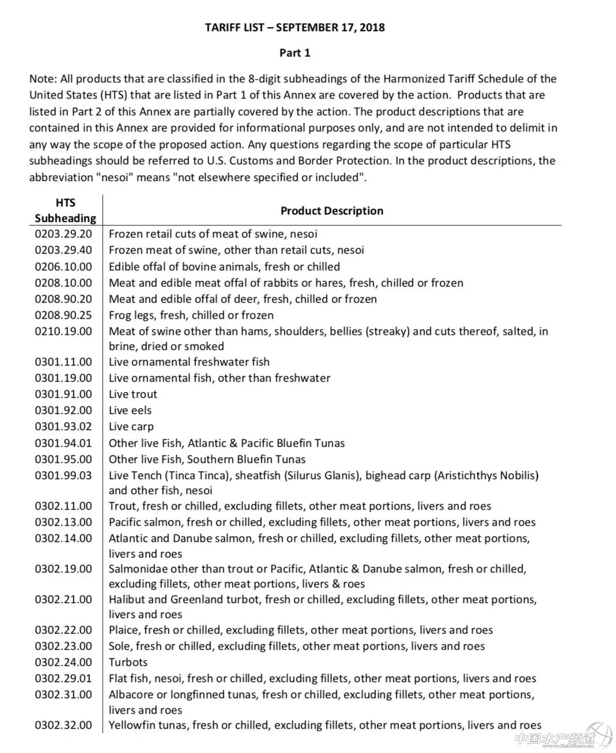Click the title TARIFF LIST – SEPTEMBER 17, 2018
(x=295, y=27)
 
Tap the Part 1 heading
(x=295, y=53)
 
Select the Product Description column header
(x=332, y=211)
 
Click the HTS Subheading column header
(x=65, y=210)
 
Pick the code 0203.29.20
(x=63, y=234)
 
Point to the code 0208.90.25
(x=63, y=315)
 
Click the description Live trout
(x=133, y=394)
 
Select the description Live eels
(x=130, y=411)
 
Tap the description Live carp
(x=131, y=427)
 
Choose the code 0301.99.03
(x=63, y=476)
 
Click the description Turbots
(x=128, y=662)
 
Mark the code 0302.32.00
(x=63, y=725)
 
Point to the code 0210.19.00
(x=63, y=332)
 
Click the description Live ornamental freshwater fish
(x=189, y=362)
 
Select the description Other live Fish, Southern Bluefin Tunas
(x=207, y=460)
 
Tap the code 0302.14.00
(x=63, y=539)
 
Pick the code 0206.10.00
(x=63, y=267)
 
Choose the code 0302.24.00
(x=63, y=662)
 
